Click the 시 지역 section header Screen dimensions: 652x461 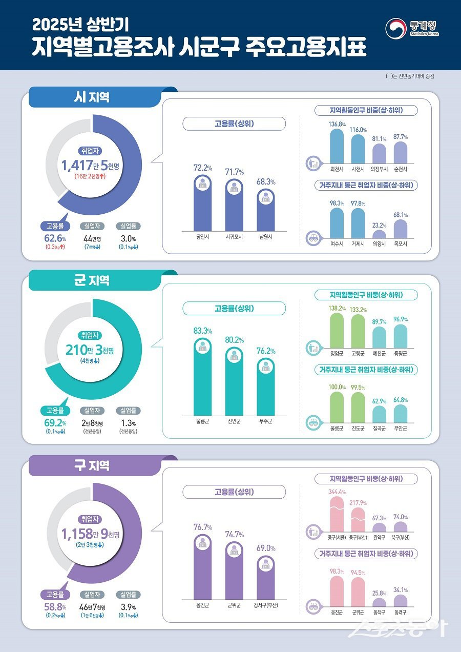point(92,97)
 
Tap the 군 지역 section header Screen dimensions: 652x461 point(92,280)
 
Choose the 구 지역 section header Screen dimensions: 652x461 point(92,465)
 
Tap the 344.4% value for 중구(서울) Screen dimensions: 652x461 point(337,492)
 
